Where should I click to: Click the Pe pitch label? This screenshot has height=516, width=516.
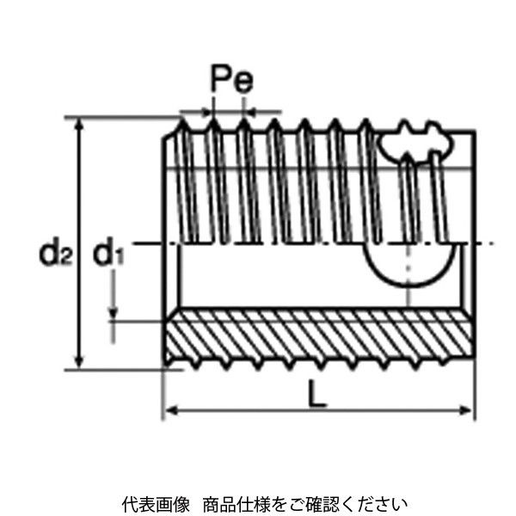pos(231,81)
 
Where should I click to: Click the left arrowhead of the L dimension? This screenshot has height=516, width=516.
pos(169,410)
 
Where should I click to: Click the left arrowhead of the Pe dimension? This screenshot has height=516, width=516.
pos(206,111)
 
